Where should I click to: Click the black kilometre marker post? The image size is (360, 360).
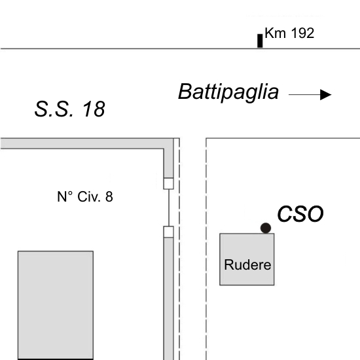pyautogui.click(x=260, y=41)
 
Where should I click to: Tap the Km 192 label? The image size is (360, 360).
pyautogui.click(x=289, y=33)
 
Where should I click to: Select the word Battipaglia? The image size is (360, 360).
pyautogui.click(x=228, y=92)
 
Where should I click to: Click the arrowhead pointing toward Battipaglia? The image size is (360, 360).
pyautogui.click(x=326, y=95)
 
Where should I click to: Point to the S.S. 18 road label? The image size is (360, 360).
pyautogui.click(x=70, y=109)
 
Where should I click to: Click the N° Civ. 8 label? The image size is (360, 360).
pyautogui.click(x=85, y=197)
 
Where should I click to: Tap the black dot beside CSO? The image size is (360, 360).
pyautogui.click(x=266, y=228)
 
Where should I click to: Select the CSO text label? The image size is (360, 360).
pyautogui.click(x=300, y=214)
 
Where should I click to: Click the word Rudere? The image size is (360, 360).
pyautogui.click(x=247, y=264)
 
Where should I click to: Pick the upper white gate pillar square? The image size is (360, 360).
pyautogui.click(x=168, y=183)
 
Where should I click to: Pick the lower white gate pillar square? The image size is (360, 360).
pyautogui.click(x=168, y=232)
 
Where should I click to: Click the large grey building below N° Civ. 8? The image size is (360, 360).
pyautogui.click(x=56, y=306)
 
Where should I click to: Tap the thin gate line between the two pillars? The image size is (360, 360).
pyautogui.click(x=169, y=207)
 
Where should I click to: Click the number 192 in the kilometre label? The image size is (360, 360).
pyautogui.click(x=302, y=33)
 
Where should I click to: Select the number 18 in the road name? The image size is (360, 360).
pyautogui.click(x=94, y=109)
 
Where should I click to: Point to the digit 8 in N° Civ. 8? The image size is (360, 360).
pyautogui.click(x=109, y=197)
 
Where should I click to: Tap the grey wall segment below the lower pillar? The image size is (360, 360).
pyautogui.click(x=168, y=298)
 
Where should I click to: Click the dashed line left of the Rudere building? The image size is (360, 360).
pyautogui.click(x=206, y=249)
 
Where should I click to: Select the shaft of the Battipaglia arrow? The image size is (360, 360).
pyautogui.click(x=304, y=95)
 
